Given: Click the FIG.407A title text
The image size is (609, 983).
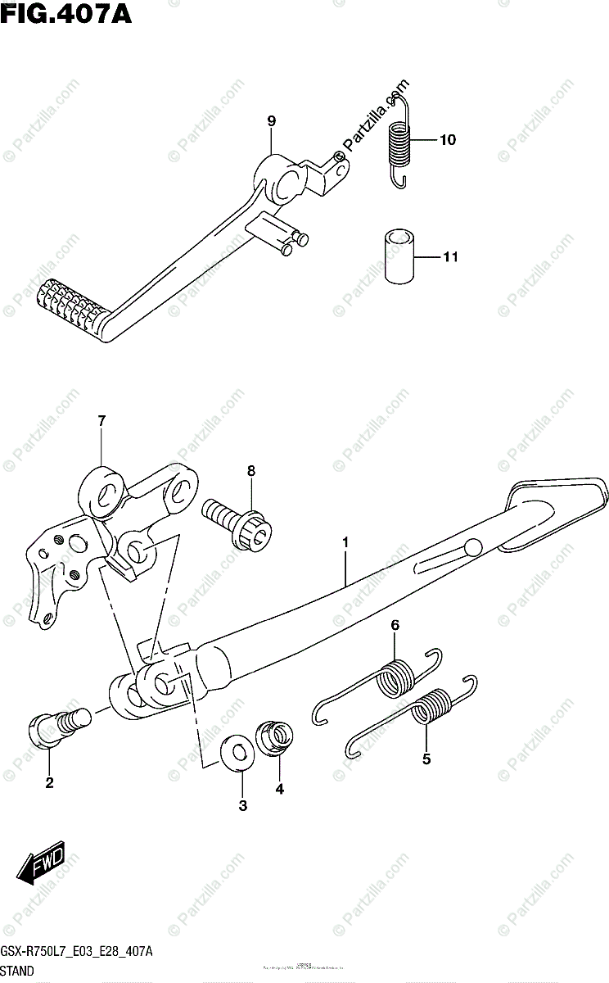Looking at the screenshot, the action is [x=66, y=14].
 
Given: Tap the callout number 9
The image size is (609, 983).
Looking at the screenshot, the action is [x=271, y=121].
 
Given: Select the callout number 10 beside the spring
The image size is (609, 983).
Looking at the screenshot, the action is [x=446, y=140].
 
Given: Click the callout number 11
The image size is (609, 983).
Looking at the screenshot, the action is [x=449, y=258].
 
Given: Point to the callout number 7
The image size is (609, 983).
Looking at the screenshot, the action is [x=101, y=421].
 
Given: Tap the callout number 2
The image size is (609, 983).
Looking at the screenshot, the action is [x=49, y=783].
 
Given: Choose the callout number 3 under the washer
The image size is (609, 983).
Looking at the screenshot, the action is [x=242, y=806].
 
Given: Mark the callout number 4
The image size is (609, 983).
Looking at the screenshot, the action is [x=279, y=789].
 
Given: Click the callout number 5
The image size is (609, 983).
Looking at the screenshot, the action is [x=426, y=759].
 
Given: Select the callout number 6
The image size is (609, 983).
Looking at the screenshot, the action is [x=395, y=626].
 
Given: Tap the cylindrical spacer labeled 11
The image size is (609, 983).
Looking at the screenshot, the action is [x=399, y=257].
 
